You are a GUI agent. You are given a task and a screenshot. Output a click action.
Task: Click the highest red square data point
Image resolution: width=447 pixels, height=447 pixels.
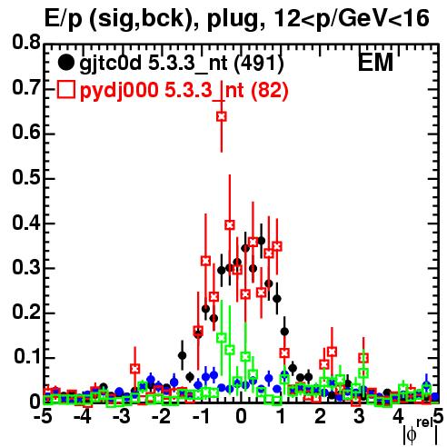point(222,116)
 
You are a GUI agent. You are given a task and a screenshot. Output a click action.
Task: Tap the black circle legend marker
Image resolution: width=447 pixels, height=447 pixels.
point(65,63)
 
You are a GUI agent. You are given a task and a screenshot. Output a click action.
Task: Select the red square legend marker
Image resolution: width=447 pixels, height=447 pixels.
point(65,90)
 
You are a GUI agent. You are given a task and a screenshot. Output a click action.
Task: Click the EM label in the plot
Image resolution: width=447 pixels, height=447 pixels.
point(375,63)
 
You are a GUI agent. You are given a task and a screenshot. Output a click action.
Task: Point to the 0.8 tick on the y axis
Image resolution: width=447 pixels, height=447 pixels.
point(26,43)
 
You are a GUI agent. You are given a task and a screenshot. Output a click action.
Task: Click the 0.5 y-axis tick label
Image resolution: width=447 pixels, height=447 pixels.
point(26,178)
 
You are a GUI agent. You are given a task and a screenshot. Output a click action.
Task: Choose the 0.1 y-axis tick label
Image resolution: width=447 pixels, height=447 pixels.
point(27,357)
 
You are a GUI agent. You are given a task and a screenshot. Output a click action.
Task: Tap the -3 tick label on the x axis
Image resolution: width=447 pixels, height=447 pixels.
point(123,416)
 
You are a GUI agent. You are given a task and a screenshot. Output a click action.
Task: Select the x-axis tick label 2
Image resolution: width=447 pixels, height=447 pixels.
point(320,416)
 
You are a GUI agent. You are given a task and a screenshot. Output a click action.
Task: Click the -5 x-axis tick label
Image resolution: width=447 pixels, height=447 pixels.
point(43,416)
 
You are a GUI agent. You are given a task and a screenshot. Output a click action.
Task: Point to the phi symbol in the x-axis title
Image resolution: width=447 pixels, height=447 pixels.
point(412,433)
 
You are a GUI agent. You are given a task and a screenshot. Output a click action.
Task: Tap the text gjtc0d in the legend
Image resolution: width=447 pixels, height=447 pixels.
point(111,64)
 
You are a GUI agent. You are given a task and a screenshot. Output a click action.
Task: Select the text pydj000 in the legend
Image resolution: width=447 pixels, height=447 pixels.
point(119,91)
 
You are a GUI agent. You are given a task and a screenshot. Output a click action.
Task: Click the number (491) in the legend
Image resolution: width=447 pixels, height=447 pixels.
point(259,64)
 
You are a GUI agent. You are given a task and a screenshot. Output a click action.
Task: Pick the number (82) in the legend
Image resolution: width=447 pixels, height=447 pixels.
point(270,90)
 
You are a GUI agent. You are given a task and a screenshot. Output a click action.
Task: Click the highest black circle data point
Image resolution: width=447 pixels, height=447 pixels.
point(261,241)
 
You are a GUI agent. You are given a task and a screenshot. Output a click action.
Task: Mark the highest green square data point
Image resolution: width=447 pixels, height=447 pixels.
point(222,338)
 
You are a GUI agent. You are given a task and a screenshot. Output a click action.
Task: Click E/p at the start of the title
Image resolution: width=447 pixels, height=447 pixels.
point(63,19)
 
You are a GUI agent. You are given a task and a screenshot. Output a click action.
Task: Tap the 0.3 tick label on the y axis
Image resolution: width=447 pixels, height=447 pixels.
point(26,267)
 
